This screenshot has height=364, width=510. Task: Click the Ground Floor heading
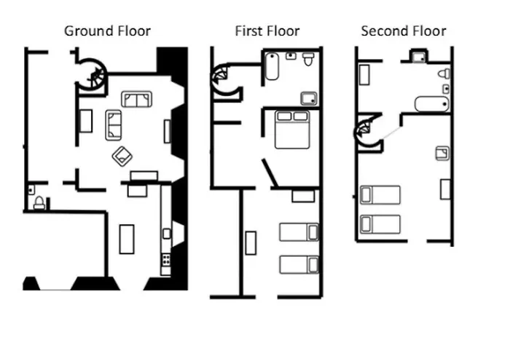coord(107,31)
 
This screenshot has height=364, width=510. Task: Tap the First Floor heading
coord(267,31)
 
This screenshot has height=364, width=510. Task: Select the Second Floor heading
coord(404,31)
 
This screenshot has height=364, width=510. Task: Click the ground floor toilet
coord(39,203)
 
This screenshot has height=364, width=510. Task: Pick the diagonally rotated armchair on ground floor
coord(122,157)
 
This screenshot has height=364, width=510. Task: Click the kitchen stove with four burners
coord(166,260)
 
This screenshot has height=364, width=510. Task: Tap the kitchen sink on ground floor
coord(167,234)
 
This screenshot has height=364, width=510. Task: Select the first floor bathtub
coord(272,67)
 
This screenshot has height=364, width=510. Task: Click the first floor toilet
coord(308,59)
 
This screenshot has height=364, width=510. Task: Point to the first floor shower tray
coord(309,99)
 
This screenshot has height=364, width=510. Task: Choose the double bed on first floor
coord(292,130)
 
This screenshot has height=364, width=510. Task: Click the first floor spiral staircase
coord(224,79)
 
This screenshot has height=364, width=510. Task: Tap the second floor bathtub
coord(432,104)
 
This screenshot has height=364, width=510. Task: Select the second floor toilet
coord(444,74)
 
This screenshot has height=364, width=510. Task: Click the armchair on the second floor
coord(442,154)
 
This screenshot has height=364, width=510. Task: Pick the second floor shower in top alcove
coord(418,57)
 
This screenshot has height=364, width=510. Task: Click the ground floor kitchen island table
coord(127,240)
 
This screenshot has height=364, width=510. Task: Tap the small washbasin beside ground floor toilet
coord(31,189)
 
